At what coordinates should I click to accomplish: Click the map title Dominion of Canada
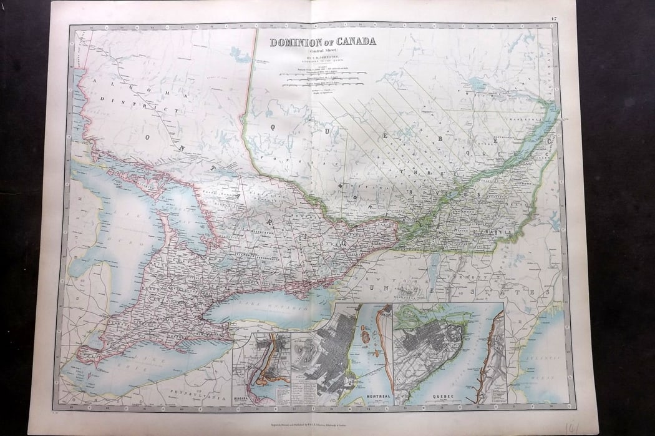tap(323, 42)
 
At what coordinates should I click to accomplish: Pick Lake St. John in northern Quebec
tap(477, 84)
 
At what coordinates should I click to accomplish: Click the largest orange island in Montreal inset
tap(367, 338)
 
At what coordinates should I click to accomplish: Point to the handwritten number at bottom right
tap(571, 427)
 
